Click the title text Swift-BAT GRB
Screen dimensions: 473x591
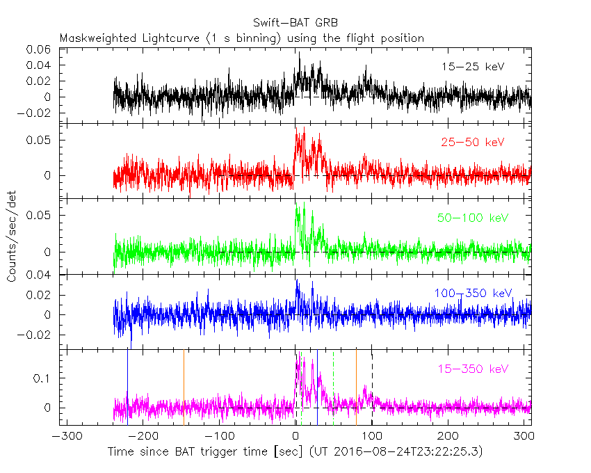coord(295,24)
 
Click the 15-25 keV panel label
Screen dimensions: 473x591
coord(472,67)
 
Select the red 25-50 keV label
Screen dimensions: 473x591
coord(472,143)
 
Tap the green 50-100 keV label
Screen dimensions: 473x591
coord(472,218)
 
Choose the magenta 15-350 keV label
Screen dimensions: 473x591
coord(472,369)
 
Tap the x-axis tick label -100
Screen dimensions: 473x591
coord(219,436)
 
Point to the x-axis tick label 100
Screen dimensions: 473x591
coord(372,436)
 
